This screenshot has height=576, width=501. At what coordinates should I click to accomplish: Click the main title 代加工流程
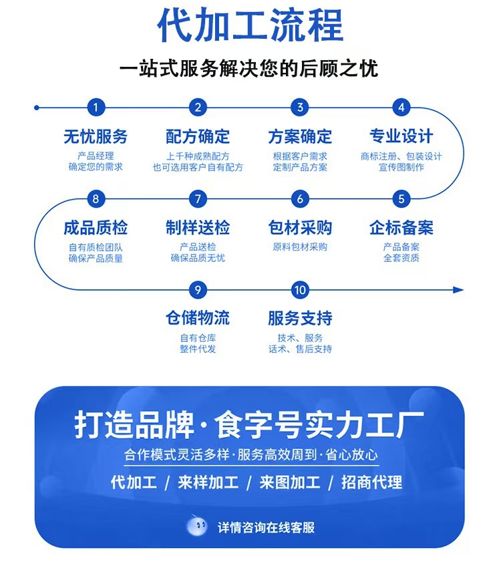pos(251,26)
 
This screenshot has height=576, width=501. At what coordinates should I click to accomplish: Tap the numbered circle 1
pos(96,108)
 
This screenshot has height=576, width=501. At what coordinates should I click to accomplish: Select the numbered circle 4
pos(401,108)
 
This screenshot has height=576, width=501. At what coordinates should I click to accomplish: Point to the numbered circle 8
pos(96,198)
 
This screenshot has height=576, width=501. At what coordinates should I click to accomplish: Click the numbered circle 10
pos(300,290)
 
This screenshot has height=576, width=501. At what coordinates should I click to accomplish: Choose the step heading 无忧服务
pos(96,137)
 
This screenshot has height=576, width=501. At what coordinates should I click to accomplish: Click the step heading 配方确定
pos(198,137)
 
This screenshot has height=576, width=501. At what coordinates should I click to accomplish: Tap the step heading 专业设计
pos(401,137)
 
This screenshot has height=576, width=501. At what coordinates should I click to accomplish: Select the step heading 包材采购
pos(300,228)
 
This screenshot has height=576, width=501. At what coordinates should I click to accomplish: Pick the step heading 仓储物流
pos(198,318)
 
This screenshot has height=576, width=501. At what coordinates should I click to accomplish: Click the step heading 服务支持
pos(300,318)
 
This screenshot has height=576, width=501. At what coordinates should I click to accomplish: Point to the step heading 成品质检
pos(96,228)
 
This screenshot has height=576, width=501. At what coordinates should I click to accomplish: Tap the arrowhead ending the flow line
pos(458,290)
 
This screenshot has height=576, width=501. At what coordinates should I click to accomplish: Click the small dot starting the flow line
pos(37,108)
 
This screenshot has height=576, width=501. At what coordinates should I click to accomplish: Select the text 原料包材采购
pos(300,247)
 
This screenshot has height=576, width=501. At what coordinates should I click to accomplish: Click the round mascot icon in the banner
pos(197,527)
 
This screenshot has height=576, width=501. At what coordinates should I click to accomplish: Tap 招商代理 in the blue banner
pos(372,482)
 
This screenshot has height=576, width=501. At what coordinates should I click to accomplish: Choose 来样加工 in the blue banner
pos(208,482)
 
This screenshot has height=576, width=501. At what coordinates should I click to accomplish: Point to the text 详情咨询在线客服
pos(266,528)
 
